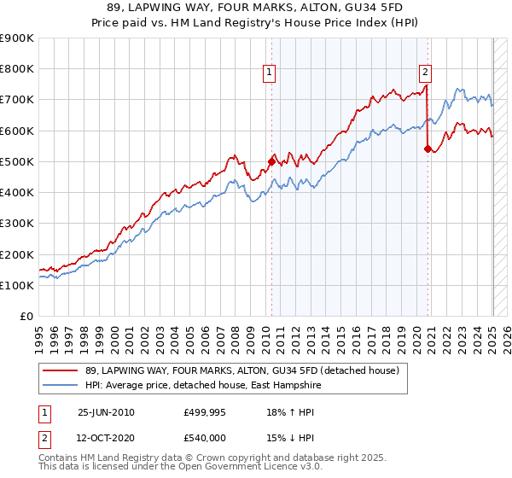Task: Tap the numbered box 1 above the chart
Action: pos(269,73)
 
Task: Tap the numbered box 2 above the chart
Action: pos(425,73)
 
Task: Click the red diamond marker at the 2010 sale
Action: pos(272,160)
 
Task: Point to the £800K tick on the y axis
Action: pos(17,69)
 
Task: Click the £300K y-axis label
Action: pos(17,224)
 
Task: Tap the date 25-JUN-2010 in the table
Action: pos(106,412)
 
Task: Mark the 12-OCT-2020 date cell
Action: pos(106,439)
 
